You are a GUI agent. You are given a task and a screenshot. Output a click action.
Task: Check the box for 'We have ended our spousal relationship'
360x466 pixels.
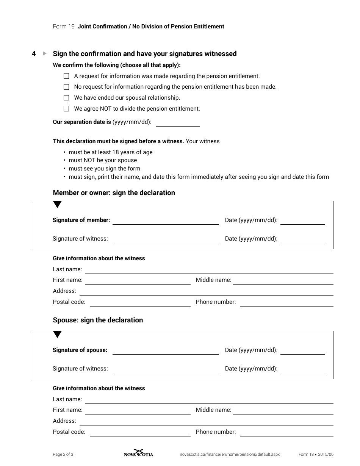66,98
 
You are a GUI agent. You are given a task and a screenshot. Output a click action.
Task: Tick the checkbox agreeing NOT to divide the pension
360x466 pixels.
66,109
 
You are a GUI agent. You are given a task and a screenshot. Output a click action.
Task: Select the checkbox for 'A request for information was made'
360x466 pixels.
66,76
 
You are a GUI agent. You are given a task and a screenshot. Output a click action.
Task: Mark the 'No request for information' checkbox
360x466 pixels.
66,87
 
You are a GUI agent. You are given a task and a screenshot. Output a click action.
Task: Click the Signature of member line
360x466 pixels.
166,221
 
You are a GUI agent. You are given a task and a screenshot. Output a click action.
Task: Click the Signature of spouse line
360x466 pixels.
166,351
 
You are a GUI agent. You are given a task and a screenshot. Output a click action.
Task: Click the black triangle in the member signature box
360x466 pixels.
57,205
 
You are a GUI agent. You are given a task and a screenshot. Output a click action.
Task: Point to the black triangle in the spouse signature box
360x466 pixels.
57,335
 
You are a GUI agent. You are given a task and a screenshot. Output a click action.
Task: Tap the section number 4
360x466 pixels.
34,54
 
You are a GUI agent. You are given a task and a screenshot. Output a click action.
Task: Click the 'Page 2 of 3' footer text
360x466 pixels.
63,454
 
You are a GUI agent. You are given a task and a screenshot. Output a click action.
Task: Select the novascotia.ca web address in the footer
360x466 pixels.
229,454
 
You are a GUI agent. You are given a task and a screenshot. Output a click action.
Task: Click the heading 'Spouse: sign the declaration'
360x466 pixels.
98,320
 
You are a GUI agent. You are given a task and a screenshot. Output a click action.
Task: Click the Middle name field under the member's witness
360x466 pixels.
283,281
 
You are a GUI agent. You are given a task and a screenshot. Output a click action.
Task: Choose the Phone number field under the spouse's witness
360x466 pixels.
286,433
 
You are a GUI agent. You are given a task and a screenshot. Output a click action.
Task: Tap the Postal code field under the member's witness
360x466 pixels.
140,303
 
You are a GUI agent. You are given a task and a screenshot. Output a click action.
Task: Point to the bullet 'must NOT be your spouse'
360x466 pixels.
103,160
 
